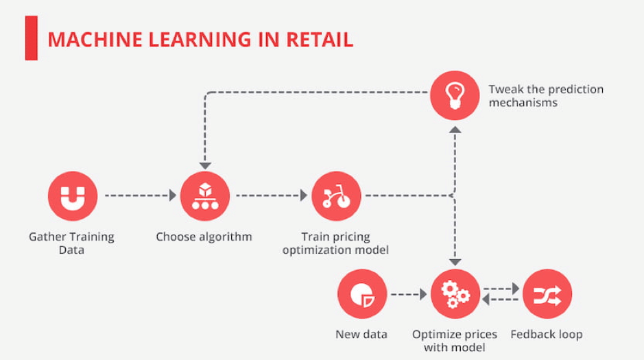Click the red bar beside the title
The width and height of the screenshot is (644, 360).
click(32, 38)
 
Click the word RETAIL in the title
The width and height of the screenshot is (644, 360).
click(320, 40)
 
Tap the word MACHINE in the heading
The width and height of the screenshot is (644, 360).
click(95, 40)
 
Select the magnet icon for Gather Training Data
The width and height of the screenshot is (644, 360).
click(73, 196)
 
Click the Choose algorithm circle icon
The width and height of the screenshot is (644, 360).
click(205, 196)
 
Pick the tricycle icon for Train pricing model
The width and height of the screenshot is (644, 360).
click(336, 196)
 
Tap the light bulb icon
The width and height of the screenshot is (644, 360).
click(455, 95)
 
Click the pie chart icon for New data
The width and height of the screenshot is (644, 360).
click(362, 294)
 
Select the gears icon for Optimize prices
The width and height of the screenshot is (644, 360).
click(455, 294)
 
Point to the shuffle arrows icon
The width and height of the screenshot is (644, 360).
click(547, 294)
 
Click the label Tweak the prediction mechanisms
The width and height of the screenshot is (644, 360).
click(546, 95)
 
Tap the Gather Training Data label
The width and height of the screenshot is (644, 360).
click(71, 243)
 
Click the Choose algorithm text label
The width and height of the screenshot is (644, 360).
click(204, 237)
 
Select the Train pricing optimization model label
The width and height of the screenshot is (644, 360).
click(335, 243)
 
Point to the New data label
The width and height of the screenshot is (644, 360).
click(361, 334)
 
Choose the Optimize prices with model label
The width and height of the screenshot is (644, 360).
click(455, 341)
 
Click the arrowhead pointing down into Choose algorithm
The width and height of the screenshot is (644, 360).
click(205, 166)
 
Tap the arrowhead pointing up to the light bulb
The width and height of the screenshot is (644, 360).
click(455, 130)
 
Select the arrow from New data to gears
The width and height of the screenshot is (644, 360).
click(409, 294)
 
